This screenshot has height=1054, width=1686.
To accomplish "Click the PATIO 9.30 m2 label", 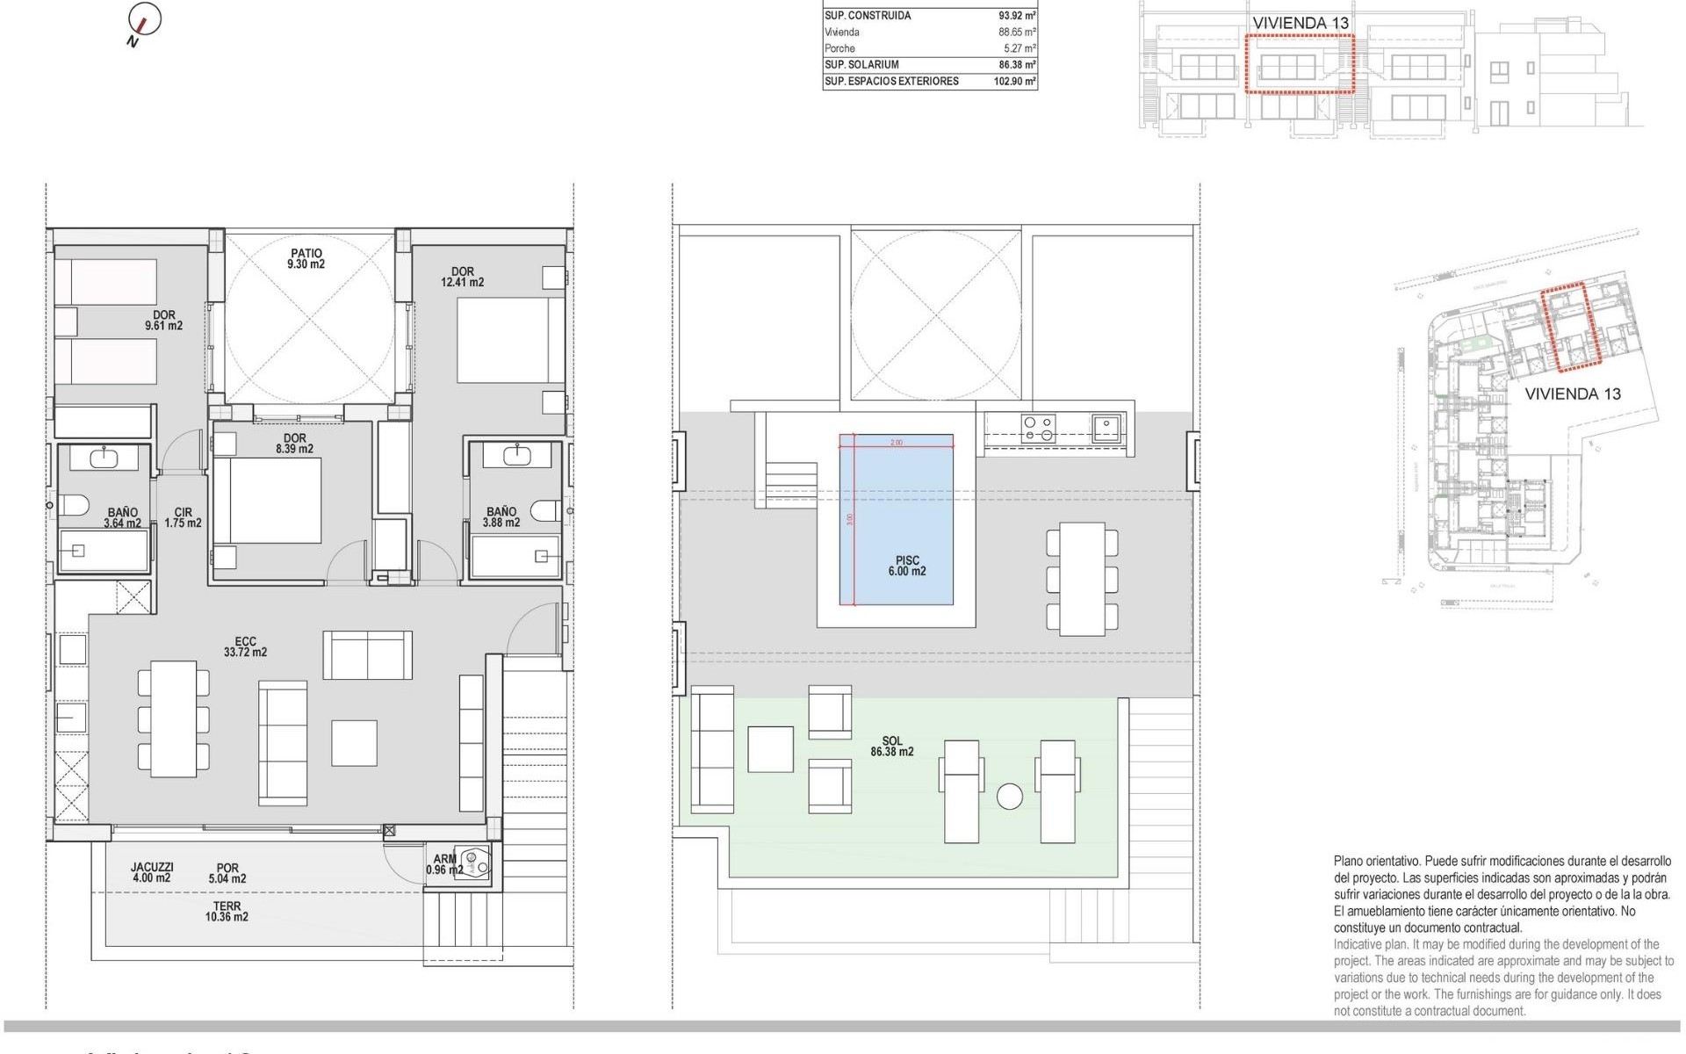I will click(x=306, y=259).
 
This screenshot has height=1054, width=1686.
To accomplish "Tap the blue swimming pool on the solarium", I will click(x=896, y=518).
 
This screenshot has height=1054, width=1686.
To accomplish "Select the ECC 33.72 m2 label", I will click(x=245, y=647).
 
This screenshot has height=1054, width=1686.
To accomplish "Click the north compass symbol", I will click(x=144, y=21).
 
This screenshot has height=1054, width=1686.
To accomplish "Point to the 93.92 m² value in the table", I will click(x=1017, y=16).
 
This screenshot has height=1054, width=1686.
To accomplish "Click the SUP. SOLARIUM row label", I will click(x=861, y=65).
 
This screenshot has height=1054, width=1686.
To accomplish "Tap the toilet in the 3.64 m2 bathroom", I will click(x=74, y=506).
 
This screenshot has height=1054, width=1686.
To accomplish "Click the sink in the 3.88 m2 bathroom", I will click(x=515, y=455).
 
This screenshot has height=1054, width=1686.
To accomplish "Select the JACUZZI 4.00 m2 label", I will click(x=152, y=872).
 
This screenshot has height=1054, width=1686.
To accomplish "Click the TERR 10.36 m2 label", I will click(x=227, y=912).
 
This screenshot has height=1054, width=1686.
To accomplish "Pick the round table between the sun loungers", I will click(x=1010, y=797).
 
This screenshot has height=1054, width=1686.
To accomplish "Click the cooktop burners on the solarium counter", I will click(x=1038, y=429).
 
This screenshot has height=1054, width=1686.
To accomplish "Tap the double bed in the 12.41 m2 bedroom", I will click(x=510, y=340).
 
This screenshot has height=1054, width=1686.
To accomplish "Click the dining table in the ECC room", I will click(x=173, y=718).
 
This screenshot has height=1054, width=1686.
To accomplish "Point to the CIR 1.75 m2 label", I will click(x=183, y=518).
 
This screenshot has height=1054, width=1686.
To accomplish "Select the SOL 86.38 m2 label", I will click(x=892, y=747).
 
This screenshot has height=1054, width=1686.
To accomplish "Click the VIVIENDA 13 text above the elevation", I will click(x=1300, y=24).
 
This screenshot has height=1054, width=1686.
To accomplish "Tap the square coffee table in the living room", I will click(x=354, y=743).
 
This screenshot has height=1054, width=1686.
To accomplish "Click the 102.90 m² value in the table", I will click(x=1014, y=82).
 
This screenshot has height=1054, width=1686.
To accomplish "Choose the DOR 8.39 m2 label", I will click(x=295, y=444).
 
